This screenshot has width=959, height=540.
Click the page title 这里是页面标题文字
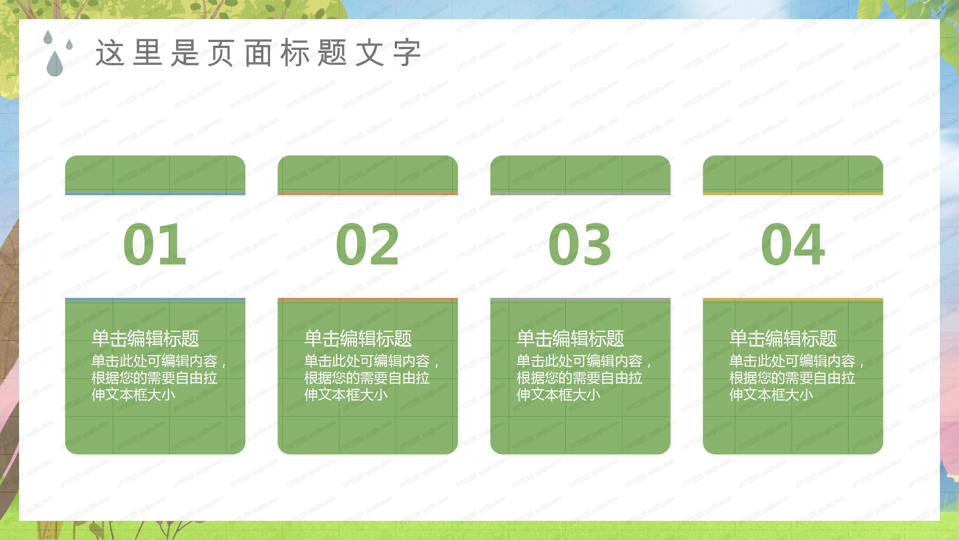258,53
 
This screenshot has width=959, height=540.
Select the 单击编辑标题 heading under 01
145,338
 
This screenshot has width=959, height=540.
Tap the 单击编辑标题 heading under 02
358,338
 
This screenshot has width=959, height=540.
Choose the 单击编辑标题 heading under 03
571,338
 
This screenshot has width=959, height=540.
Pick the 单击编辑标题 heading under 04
783,338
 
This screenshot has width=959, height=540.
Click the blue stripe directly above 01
155,193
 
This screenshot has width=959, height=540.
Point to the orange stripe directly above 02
367,193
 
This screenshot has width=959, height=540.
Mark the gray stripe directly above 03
580,193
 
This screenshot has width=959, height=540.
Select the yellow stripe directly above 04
793,193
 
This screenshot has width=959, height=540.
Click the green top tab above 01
155,174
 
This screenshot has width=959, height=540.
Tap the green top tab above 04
793,174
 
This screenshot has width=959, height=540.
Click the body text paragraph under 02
371,378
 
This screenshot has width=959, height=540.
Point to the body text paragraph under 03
584,378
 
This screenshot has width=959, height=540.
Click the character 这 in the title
109,53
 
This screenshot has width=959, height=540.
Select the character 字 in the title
407,53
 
